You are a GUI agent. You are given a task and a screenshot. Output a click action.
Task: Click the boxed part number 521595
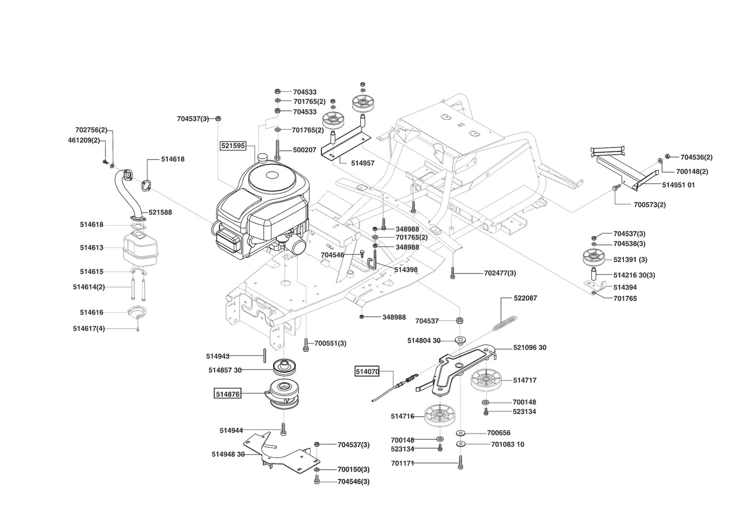click(233, 145)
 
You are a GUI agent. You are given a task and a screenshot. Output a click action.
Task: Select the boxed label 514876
click(227, 394)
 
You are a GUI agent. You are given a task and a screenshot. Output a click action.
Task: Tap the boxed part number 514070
click(367, 371)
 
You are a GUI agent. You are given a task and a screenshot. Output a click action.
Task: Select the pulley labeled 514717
click(485, 380)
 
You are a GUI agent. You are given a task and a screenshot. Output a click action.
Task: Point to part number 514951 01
click(678, 185)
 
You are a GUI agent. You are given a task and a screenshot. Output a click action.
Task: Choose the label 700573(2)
click(650, 204)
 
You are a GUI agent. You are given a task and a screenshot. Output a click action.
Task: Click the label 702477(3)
click(500, 273)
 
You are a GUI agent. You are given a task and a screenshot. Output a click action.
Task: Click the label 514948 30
click(228, 454)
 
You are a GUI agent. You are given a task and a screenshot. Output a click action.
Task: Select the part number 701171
click(402, 463)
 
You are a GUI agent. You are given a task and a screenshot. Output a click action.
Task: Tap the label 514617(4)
click(88, 329)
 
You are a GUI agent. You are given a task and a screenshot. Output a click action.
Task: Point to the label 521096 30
click(530, 348)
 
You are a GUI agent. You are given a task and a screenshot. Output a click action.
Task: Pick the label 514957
click(362, 163)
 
